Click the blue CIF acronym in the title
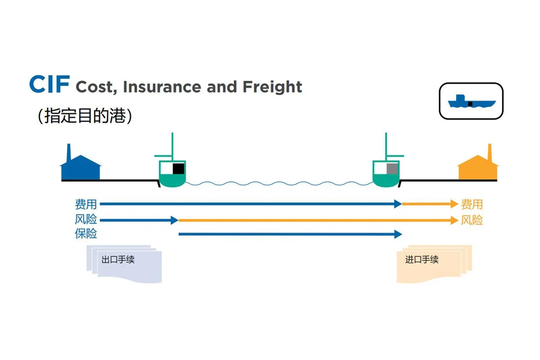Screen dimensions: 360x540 pos(49,85)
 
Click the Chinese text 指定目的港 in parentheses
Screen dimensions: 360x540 pos(85,116)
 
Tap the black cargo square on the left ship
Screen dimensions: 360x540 pos(178,168)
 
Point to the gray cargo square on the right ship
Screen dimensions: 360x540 pos(392,168)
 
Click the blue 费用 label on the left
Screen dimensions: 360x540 pos(86,205)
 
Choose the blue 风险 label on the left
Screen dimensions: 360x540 pos(86,220)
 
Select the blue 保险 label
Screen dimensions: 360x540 pos(86,234)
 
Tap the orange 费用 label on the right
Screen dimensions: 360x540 pos(471,205)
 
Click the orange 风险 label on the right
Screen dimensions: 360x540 pos(471,220)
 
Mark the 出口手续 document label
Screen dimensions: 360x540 pos(118,260)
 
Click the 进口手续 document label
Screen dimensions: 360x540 pos(422,260)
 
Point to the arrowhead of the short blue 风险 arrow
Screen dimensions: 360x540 pos(174,220)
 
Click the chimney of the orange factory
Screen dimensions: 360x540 pos(490,153)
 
